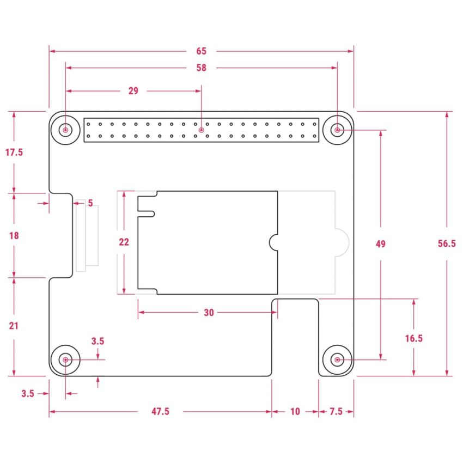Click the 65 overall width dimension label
tap(201, 51)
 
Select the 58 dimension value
tap(201, 68)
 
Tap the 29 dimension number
tap(133, 91)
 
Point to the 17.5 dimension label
tap(14, 153)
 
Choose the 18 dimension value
tap(14, 236)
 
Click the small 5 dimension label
tap(90, 203)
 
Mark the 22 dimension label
tap(124, 242)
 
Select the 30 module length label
tap(209, 313)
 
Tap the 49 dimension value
tap(380, 244)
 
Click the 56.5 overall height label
tap(447, 244)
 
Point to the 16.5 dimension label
tap(414, 338)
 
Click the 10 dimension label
tap(295, 412)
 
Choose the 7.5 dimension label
tap(336, 412)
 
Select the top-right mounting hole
tap(338, 130)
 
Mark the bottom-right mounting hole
tap(338, 360)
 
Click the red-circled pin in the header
tap(202, 131)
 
